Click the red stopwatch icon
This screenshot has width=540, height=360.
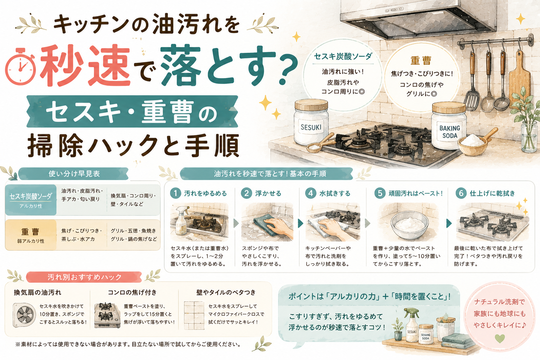pos(20,66)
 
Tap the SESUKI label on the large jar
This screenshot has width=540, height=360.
pos(311,127)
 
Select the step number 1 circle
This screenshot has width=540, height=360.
pos(175,193)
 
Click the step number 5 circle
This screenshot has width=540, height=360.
pos(380,193)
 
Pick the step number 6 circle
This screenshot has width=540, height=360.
pos(461,193)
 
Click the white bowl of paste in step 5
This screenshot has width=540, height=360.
pos(409,225)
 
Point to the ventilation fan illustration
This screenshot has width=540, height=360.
pos(24,315)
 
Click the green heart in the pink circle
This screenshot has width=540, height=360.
pos(500,338)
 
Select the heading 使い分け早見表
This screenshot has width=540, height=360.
pos(74,174)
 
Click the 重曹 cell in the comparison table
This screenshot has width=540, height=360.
pos(31,235)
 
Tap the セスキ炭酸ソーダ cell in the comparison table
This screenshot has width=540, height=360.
pos(31,200)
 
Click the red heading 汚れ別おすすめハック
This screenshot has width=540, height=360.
pos(84,277)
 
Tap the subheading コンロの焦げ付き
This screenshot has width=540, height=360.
pos(132,292)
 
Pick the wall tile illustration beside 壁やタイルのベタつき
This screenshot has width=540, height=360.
pos(194,315)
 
